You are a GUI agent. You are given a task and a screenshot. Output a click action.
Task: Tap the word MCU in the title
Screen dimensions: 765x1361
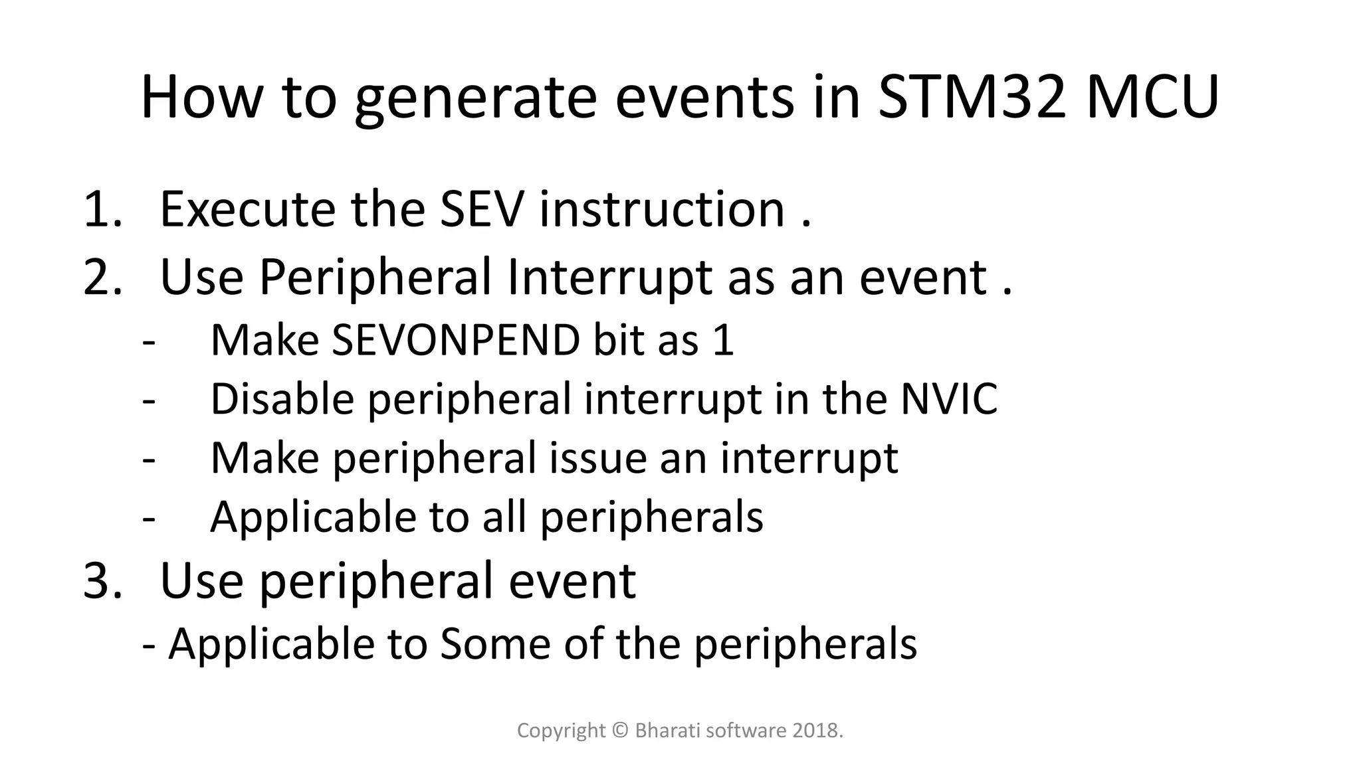(1153, 97)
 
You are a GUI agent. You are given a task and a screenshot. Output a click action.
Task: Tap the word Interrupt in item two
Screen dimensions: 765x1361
(610, 278)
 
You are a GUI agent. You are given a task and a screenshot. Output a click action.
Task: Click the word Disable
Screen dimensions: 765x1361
(282, 399)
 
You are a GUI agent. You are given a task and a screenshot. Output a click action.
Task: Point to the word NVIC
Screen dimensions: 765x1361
(949, 399)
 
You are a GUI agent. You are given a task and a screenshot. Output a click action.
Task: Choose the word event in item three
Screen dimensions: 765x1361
(572, 580)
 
